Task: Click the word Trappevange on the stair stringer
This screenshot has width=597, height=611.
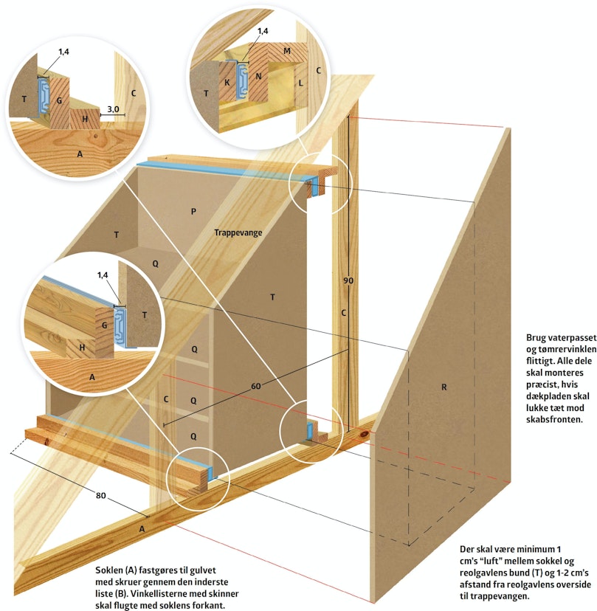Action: tap(238, 232)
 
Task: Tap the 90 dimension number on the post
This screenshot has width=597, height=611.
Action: tap(348, 280)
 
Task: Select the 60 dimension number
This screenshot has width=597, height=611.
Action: tap(255, 386)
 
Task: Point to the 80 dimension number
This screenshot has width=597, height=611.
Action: tap(101, 495)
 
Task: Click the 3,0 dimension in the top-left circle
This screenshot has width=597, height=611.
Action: tap(113, 109)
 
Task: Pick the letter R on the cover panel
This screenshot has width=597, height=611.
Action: tap(444, 387)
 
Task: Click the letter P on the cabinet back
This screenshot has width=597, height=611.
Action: tap(193, 212)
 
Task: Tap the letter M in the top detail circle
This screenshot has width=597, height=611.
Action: tap(287, 51)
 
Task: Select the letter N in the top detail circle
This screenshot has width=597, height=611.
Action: tap(258, 77)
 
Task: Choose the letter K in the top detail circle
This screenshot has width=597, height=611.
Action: tap(227, 83)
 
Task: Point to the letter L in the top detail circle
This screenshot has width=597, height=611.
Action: tap(301, 83)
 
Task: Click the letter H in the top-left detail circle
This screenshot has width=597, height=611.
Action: tap(85, 120)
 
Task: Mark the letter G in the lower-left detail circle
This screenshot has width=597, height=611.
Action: tap(105, 325)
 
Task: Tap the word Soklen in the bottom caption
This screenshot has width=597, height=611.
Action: tap(108, 570)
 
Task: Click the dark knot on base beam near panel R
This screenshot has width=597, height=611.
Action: tap(364, 434)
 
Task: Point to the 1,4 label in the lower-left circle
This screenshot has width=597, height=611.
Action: tap(103, 275)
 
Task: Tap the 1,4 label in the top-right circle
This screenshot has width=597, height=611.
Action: tap(263, 31)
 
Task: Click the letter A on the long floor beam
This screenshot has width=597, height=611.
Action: tap(142, 529)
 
